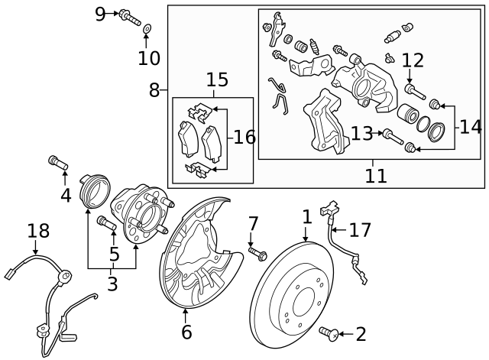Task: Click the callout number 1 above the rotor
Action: tap(306, 217)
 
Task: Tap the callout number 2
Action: tap(361, 334)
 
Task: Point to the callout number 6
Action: tap(186, 332)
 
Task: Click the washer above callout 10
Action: tap(147, 30)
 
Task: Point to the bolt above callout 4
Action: tap(58, 162)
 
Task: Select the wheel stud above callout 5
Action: tap(106, 224)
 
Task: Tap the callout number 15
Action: tap(217, 79)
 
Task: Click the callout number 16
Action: tap(244, 138)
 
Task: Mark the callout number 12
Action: tap(413, 60)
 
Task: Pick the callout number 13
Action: tap(361, 134)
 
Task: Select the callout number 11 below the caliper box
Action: tap(375, 175)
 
